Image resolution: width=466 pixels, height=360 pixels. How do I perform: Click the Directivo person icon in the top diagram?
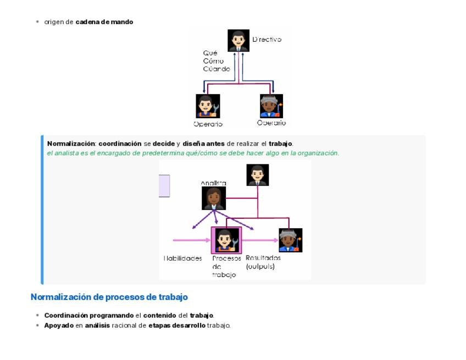[238, 41]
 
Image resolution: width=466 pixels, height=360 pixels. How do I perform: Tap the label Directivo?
[267, 40]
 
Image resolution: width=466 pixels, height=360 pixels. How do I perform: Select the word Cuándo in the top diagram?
[217, 69]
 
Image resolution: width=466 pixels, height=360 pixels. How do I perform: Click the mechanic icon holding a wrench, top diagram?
[208, 106]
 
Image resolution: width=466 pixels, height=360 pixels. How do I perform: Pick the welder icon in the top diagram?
[271, 106]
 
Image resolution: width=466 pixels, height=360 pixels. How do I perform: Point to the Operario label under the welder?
[271, 123]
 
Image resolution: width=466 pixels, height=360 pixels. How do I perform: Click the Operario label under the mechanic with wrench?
[208, 124]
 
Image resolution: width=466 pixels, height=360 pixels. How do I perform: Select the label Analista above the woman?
[213, 183]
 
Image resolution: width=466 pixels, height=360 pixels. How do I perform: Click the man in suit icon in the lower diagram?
[258, 175]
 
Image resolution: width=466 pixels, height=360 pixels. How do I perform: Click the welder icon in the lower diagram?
[290, 240]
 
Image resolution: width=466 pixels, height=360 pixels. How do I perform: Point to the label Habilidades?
[183, 258]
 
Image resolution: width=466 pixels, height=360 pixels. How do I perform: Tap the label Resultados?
[263, 258]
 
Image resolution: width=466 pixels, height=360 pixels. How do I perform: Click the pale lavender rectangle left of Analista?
[164, 186]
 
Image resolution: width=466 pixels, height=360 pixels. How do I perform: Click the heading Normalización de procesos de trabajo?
[109, 297]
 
